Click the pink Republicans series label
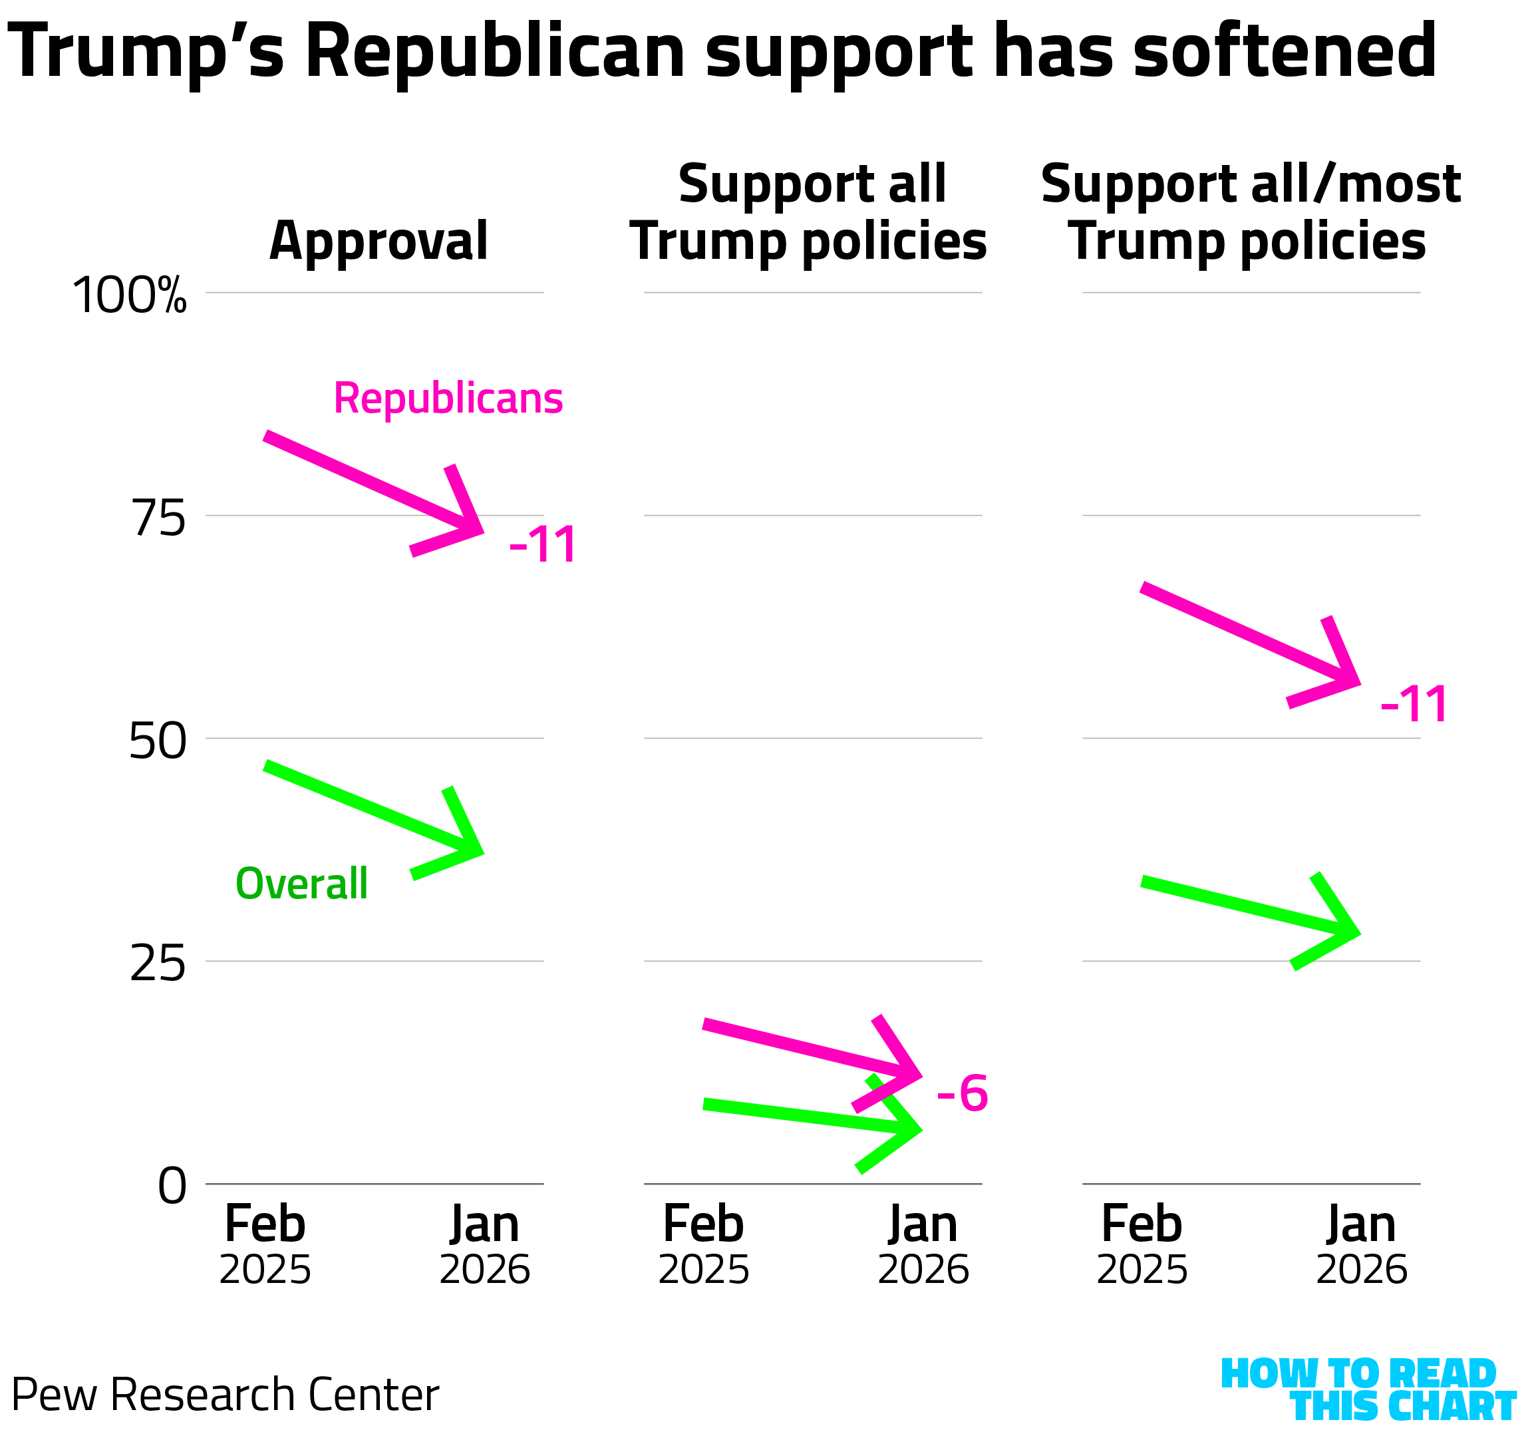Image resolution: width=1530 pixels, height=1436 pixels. [x=448, y=399]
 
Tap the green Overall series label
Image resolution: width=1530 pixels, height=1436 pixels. [x=302, y=883]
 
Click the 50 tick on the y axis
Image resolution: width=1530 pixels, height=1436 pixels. [x=158, y=741]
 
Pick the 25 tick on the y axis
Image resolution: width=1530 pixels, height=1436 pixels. [x=158, y=964]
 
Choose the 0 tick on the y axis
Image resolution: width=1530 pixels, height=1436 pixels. [x=172, y=1186]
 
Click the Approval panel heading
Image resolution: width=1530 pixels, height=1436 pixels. [x=379, y=241]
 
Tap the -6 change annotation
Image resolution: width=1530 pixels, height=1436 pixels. [x=962, y=1093]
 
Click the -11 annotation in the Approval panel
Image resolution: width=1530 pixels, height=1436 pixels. [x=543, y=545]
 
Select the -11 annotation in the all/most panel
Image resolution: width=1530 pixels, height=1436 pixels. [x=1414, y=704]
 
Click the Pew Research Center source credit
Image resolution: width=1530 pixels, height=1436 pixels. [x=225, y=1395]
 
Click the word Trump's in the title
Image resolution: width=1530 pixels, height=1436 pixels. [x=146, y=53]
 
